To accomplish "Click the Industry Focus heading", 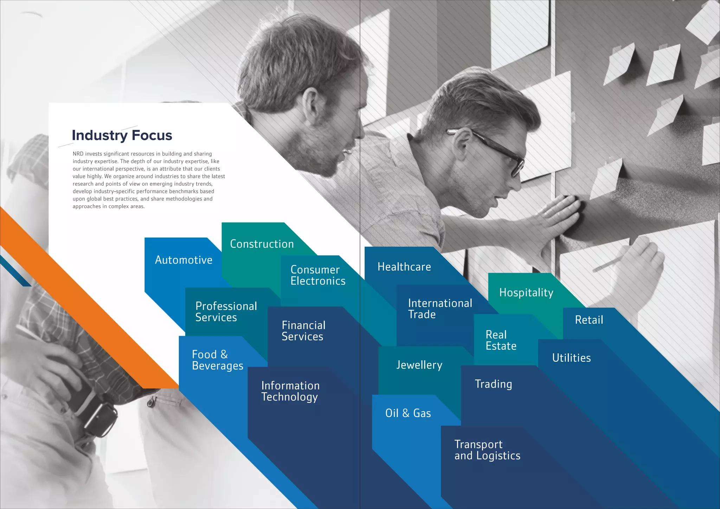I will [x=122, y=135].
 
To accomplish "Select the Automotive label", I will [x=184, y=260].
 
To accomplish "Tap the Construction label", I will [x=262, y=244].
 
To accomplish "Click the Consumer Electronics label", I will [x=318, y=275].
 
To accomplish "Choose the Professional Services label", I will [x=226, y=312].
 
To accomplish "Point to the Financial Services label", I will [x=303, y=331].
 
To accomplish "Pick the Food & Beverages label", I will [x=217, y=360].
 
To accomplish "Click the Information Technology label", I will [x=290, y=391].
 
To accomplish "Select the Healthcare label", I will [x=404, y=267].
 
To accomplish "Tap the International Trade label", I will [x=440, y=309].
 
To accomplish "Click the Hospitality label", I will [x=526, y=292].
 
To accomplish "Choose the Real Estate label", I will [x=501, y=340].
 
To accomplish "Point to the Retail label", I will [x=589, y=320].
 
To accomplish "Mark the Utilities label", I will [x=571, y=358].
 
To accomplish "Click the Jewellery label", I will [x=419, y=365].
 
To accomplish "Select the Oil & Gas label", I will [x=408, y=413].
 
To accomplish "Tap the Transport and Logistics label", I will [x=487, y=450].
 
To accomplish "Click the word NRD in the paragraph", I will [x=78, y=154].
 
